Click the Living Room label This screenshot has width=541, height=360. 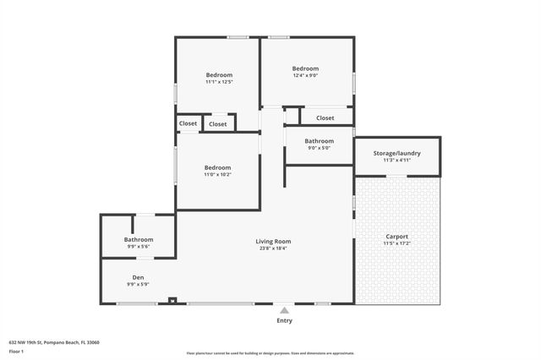pyautogui.click(x=273, y=242)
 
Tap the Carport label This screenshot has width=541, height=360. pyautogui.click(x=396, y=237)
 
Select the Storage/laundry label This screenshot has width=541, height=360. pyautogui.click(x=396, y=153)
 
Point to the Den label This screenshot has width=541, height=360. pyautogui.click(x=138, y=277)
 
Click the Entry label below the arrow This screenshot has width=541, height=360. pyautogui.click(x=284, y=321)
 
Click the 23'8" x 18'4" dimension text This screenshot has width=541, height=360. pyautogui.click(x=273, y=248)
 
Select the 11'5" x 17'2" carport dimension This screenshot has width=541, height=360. pyautogui.click(x=396, y=244)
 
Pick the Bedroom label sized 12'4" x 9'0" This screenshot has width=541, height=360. pyautogui.click(x=305, y=68)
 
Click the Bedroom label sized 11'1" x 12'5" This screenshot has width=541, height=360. pyautogui.click(x=218, y=75)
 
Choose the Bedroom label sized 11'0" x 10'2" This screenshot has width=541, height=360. pyautogui.click(x=217, y=167)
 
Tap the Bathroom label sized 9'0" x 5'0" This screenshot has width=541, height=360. pyautogui.click(x=319, y=141)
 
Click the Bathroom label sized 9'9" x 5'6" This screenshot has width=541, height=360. pyautogui.click(x=138, y=239)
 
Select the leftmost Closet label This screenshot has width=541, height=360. pyautogui.click(x=188, y=123)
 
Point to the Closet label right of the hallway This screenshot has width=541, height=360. pyautogui.click(x=325, y=118)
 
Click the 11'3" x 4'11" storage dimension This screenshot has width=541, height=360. pyautogui.click(x=396, y=160)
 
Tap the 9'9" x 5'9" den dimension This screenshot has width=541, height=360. pyautogui.click(x=138, y=285)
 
